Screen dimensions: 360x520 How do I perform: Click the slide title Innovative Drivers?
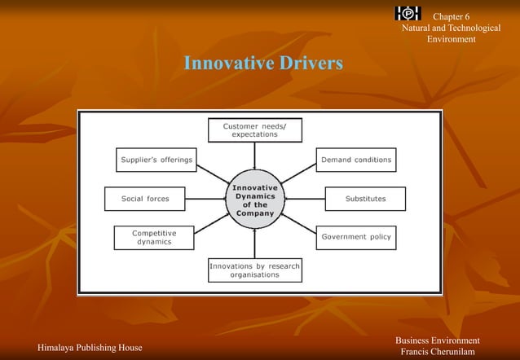[x=263, y=64]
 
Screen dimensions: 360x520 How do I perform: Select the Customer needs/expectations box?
[x=254, y=130]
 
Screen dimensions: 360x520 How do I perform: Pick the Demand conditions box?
[x=356, y=160]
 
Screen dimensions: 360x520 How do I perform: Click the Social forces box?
[x=144, y=198]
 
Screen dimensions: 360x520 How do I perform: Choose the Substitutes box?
[x=365, y=198]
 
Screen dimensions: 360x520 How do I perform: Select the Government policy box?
[x=356, y=237]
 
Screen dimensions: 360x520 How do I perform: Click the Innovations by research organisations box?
[x=254, y=270]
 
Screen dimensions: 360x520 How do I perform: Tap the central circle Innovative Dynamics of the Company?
[x=255, y=199]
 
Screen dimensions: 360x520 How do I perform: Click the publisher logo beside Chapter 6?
[x=408, y=13]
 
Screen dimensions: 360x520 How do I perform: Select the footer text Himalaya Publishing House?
[x=83, y=348]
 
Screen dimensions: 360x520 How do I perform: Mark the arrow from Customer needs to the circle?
[x=254, y=155]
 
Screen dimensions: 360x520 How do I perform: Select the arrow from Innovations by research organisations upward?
[x=254, y=242]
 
